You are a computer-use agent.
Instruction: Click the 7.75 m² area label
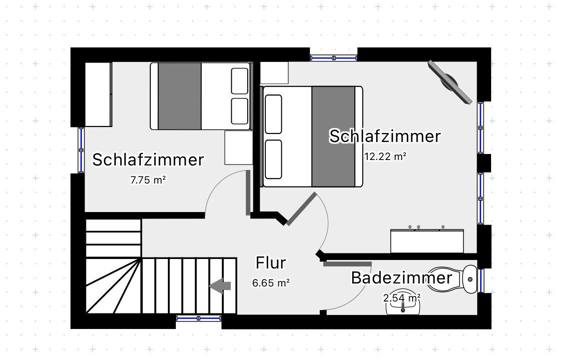[148, 179]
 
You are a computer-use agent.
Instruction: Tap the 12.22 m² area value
[385, 156]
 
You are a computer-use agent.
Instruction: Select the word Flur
[271, 263]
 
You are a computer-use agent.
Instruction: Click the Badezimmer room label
[402, 278]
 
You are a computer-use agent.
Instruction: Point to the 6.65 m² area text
[271, 283]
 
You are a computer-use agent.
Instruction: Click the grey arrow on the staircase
[220, 286]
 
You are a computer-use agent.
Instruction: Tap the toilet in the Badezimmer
[452, 279]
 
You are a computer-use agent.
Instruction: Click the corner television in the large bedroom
[450, 82]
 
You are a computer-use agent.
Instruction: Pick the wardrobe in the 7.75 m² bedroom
[98, 94]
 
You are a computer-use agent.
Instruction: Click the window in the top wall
[334, 57]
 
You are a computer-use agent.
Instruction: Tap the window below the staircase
[198, 318]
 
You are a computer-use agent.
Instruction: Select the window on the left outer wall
[81, 150]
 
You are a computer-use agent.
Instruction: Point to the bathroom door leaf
[347, 264]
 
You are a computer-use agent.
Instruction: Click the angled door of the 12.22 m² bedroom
[302, 209]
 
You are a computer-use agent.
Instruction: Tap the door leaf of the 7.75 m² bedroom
[248, 192]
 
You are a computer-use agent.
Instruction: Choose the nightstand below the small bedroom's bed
[239, 147]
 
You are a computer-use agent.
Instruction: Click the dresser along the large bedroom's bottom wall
[427, 241]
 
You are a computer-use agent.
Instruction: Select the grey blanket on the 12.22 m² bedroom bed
[333, 136]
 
